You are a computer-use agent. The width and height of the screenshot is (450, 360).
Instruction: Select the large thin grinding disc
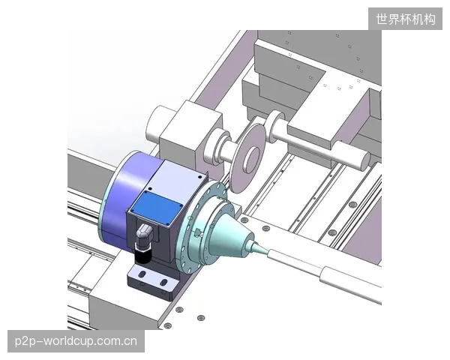[x=247, y=158]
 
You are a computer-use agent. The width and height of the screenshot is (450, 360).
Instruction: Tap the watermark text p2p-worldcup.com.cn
[x=76, y=341]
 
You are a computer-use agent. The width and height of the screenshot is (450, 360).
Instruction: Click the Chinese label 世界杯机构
[x=406, y=19]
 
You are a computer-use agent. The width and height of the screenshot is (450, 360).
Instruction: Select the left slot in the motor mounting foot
[x=142, y=274]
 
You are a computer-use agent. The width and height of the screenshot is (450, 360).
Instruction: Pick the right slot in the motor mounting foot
[x=163, y=282]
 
